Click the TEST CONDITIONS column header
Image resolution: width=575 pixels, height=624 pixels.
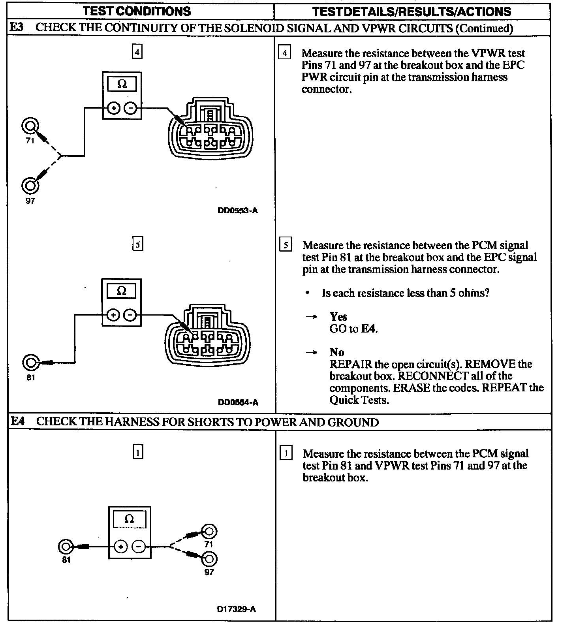coord(137,11)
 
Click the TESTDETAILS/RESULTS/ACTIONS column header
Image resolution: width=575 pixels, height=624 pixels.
coord(412,11)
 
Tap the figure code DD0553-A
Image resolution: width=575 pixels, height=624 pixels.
coord(238,211)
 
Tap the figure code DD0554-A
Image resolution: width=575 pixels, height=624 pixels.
coord(238,402)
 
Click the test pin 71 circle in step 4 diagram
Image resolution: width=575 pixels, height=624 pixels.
coord(30,126)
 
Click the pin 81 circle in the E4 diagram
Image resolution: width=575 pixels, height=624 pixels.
coord(66,547)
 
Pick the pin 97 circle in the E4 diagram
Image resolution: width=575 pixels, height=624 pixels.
coord(209,559)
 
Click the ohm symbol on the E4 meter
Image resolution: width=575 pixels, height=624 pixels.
coord(129,519)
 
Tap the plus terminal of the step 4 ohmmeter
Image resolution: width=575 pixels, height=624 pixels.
coord(113,108)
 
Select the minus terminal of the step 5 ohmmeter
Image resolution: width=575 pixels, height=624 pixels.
coord(130,315)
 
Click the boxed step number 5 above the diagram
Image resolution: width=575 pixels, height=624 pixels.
coord(137,244)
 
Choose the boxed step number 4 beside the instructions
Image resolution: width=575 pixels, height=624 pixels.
coord(284,53)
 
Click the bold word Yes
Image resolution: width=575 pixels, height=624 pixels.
coord(338,317)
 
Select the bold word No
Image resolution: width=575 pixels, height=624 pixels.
coord(337,352)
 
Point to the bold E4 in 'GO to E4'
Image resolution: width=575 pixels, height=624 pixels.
coord(368,329)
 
